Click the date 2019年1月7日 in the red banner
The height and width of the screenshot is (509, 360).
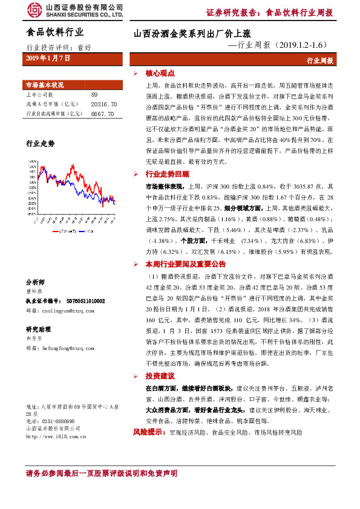tap(48, 58)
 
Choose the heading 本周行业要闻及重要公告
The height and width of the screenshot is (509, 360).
tap(186, 264)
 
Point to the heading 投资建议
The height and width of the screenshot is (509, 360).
tap(158, 376)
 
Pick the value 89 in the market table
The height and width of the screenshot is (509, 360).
tap(94, 95)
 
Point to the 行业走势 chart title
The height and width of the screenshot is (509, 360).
tap(40, 144)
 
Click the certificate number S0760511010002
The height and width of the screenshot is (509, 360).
tap(82, 300)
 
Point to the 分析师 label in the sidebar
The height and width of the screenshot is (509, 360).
tap(35, 282)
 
